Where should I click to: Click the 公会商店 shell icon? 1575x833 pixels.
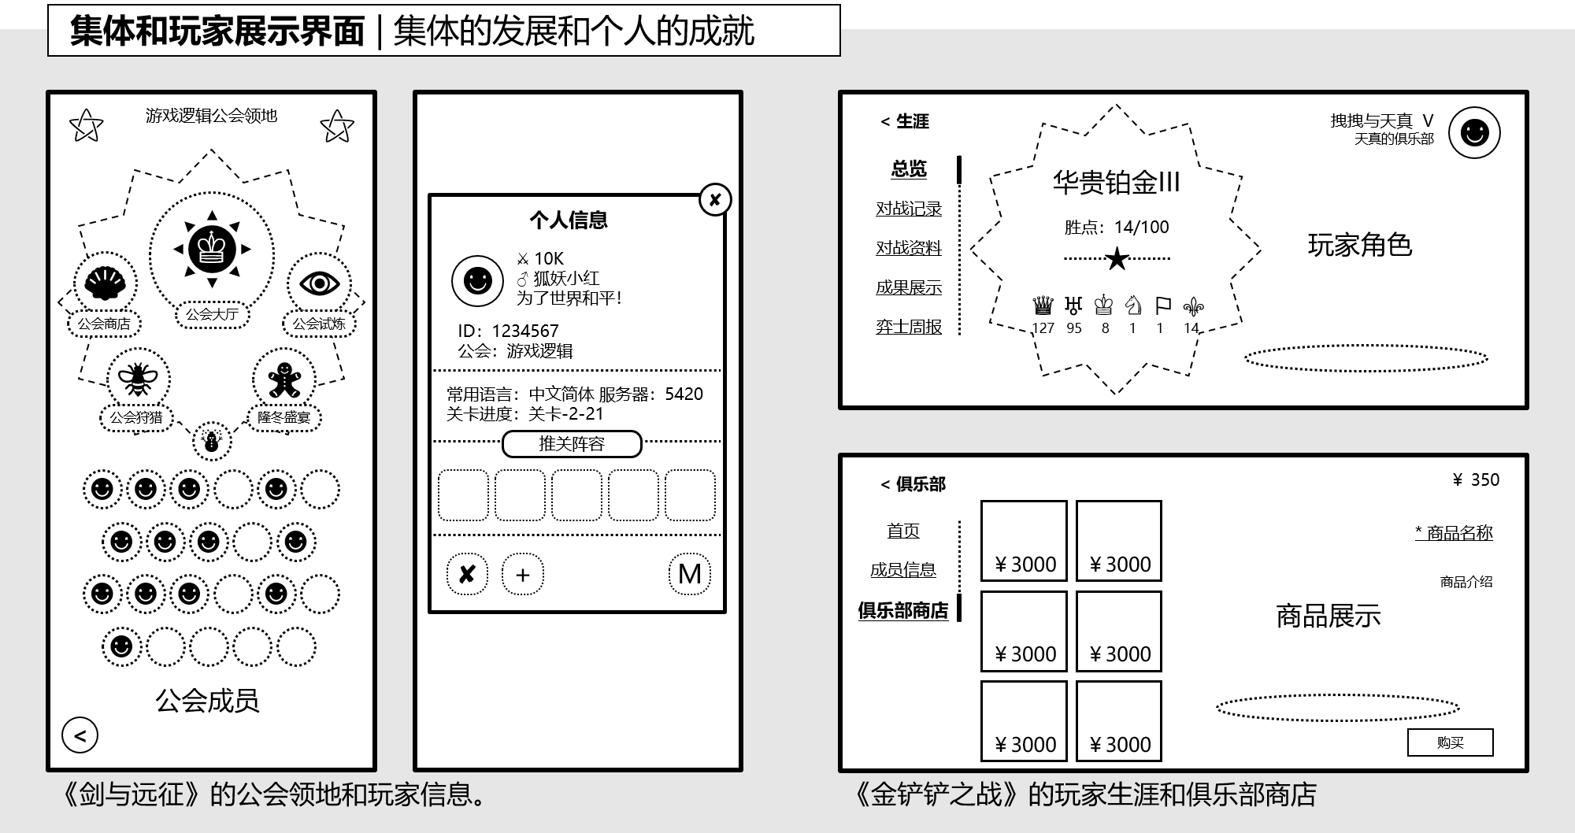[105, 283]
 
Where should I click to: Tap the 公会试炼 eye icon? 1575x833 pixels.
[319, 283]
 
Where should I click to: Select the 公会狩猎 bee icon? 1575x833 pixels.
[138, 379]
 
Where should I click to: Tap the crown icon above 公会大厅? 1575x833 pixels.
[212, 250]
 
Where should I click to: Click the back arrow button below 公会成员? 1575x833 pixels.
[80, 735]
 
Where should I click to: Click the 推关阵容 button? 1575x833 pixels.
[572, 444]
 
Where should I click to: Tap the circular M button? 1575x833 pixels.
[689, 574]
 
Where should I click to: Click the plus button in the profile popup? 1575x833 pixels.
[522, 574]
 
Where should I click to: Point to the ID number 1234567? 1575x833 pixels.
[524, 331]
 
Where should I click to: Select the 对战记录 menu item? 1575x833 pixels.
[909, 209]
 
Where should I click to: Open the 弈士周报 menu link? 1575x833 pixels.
[909, 327]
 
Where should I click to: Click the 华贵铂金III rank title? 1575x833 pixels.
[1116, 183]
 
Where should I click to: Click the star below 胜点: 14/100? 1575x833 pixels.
[1117, 258]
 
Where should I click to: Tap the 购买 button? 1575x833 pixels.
[1450, 742]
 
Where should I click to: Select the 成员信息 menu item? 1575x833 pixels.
[902, 569]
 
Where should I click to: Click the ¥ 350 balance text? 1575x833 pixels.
[1476, 479]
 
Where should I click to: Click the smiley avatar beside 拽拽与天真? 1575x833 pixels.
[1474, 132]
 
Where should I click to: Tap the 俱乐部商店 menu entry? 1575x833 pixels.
[902, 610]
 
